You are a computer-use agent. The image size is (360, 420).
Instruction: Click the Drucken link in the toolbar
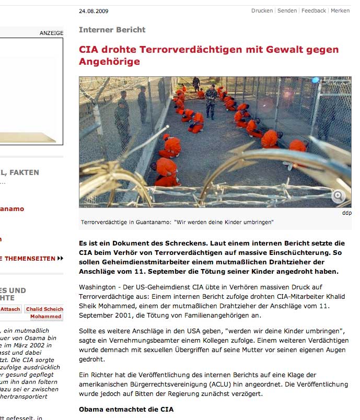coord(262,10)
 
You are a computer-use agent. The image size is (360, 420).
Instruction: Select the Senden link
coord(287,10)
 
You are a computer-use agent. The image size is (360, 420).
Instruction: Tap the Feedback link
coord(313,10)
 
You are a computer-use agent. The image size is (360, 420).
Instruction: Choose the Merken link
coord(340,10)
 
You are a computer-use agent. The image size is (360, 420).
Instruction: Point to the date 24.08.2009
coord(94,11)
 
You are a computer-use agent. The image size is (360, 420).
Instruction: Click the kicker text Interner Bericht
coord(112,30)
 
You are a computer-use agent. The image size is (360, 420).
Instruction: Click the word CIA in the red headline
coord(88,50)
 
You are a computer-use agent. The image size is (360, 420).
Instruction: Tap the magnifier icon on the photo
coord(338,196)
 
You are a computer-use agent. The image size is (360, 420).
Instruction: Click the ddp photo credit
coord(347,213)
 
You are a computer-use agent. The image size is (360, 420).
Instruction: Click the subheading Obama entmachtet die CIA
coord(126,409)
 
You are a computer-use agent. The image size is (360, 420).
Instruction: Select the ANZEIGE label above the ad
coord(51,33)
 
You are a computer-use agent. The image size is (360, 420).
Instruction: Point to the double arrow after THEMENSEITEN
coord(61,258)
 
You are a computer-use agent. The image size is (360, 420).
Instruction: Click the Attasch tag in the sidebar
coord(10,309)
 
